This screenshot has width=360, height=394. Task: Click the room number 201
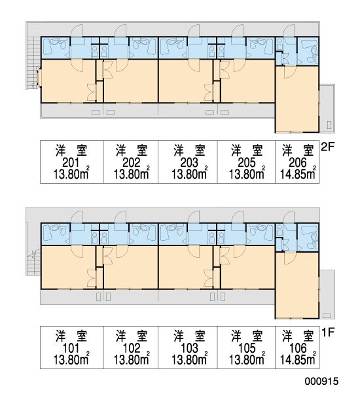[71, 163]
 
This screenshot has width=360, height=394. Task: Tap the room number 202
[132, 163]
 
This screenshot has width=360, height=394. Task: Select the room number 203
[189, 163]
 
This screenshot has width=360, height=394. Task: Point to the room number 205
[247, 163]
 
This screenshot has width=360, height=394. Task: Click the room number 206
[298, 163]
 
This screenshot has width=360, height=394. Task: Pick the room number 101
[71, 349]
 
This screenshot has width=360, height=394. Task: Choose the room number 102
[132, 349]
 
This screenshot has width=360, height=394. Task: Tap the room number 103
[189, 349]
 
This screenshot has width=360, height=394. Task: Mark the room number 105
[247, 349]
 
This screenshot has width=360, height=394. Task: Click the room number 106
[298, 349]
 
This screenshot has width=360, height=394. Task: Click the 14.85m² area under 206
[298, 173]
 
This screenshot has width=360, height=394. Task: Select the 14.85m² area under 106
[298, 359]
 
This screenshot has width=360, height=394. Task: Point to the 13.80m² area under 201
[71, 173]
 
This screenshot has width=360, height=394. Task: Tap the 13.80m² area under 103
[190, 359]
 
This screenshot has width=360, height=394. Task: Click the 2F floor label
[328, 147]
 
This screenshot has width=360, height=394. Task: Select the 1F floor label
[328, 332]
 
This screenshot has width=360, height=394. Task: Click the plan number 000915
[322, 381]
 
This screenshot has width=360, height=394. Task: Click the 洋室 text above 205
[247, 151]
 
